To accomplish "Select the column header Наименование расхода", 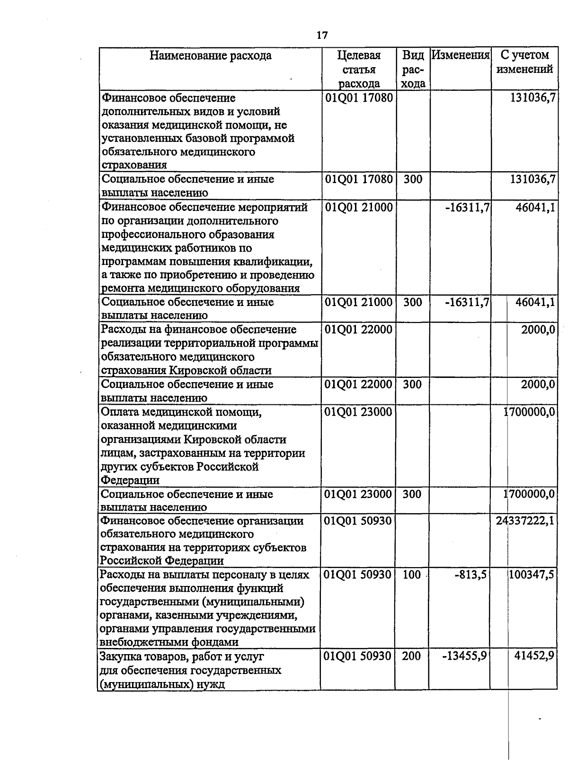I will (x=211, y=56).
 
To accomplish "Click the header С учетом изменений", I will (x=524, y=62).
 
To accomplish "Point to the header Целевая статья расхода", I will (x=359, y=70).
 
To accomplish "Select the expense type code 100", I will (x=412, y=575).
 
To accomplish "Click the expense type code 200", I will (x=412, y=656).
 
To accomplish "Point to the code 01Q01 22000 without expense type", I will (x=359, y=330).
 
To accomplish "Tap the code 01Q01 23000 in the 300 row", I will (x=359, y=494).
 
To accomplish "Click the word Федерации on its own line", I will (x=130, y=481).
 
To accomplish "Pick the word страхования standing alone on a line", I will (x=134, y=165).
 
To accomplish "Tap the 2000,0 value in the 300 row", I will (x=538, y=385).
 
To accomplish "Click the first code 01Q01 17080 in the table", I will (x=359, y=98).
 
